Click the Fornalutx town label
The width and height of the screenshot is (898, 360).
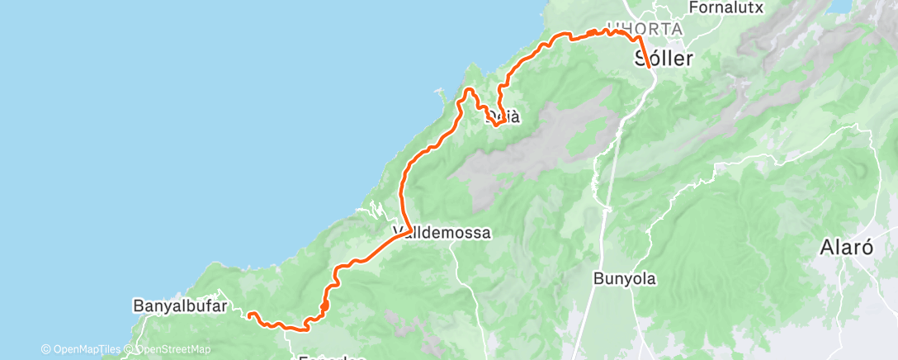point(727,7)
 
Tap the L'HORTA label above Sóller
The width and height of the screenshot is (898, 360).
point(644,29)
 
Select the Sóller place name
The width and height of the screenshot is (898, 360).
point(664,59)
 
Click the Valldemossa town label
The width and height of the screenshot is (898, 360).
point(442,234)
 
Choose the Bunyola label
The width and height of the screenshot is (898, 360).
point(625,279)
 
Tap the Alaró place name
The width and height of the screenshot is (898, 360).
point(847,247)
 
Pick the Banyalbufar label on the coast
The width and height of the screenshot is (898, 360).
point(180,306)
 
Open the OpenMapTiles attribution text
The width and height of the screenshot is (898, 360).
point(87,349)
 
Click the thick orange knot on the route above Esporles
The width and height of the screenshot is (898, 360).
point(324,306)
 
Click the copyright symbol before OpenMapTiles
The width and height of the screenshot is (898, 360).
point(46,349)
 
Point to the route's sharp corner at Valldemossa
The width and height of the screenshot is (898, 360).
point(409,230)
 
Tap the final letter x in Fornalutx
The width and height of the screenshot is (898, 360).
point(762,7)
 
